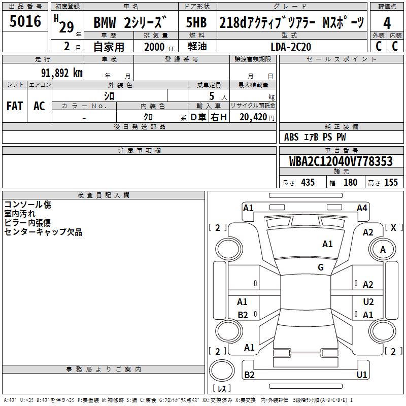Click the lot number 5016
(x=25, y=21)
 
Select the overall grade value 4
(x=387, y=23)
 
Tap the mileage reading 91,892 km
(x=62, y=73)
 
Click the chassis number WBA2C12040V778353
(x=341, y=161)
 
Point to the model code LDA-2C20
(x=291, y=47)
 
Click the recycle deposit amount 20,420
(x=253, y=117)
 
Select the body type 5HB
(x=196, y=22)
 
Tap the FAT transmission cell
(x=15, y=106)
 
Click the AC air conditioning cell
(x=39, y=106)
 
